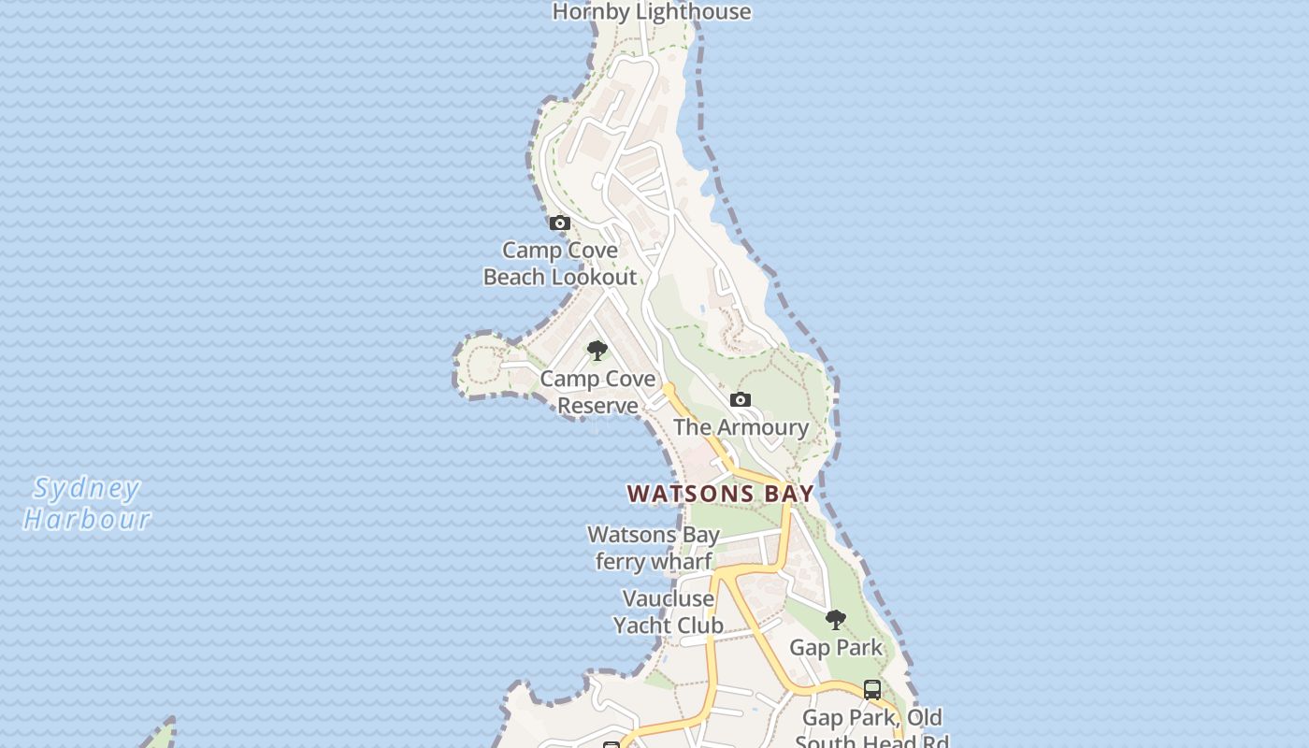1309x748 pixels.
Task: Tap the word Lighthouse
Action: [694, 12]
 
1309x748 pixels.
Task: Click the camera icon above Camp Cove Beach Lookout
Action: [559, 223]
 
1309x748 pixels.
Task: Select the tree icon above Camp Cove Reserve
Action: [597, 352]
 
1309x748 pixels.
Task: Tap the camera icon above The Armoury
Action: [740, 400]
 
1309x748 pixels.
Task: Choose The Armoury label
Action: [741, 427]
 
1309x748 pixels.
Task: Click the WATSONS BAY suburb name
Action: [720, 494]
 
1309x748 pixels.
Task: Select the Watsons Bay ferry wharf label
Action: [654, 548]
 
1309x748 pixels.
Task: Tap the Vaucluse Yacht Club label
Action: [668, 611]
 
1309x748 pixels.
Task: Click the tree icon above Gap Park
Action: [836, 619]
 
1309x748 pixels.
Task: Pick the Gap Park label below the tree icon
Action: [836, 647]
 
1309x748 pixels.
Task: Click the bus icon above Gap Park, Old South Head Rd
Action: [872, 690]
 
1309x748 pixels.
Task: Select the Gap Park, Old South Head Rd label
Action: [872, 730]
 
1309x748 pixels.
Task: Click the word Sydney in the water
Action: [86, 489]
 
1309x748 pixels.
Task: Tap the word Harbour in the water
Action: [86, 519]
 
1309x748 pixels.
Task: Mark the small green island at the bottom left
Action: [161, 737]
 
